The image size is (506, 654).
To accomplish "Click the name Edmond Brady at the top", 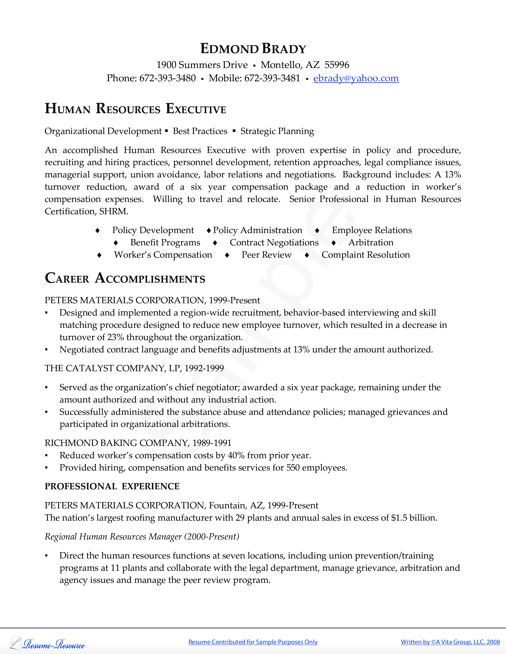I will pyautogui.click(x=253, y=49).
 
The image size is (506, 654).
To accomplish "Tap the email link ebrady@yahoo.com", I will pyautogui.click(x=356, y=78).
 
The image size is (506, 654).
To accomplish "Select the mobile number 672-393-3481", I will pyautogui.click(x=272, y=78).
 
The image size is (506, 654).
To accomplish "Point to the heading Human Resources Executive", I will pyautogui.click(x=135, y=109).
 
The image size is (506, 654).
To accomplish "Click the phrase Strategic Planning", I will pyautogui.click(x=277, y=131).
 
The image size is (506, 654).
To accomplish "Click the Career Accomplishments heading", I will pyautogui.click(x=125, y=278).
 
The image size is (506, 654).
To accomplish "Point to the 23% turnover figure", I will pyautogui.click(x=115, y=337).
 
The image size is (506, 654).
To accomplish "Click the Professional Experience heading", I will pyautogui.click(x=112, y=486).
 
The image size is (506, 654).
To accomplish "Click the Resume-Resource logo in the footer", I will pyautogui.click(x=47, y=643).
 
